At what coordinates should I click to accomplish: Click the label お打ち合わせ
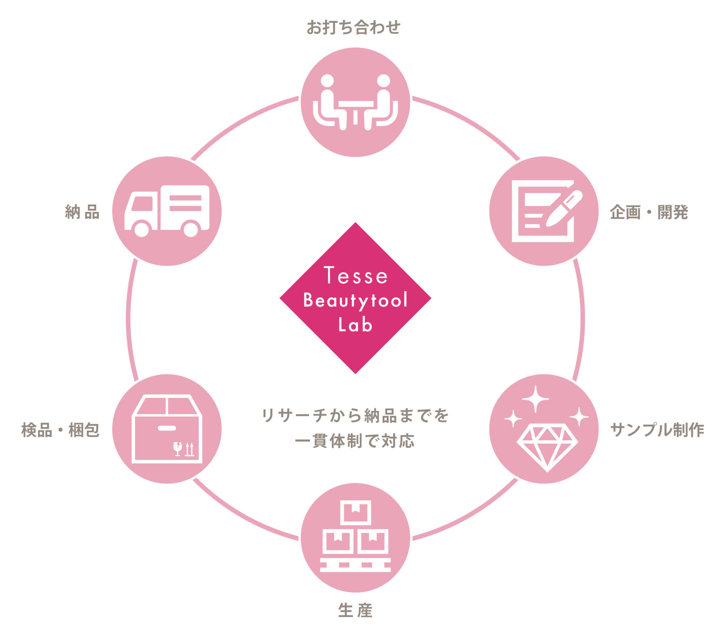tap(353, 27)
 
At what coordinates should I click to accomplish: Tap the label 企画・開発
tap(649, 212)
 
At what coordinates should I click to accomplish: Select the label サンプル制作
tap(657, 430)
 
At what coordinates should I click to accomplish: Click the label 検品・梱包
tap(60, 430)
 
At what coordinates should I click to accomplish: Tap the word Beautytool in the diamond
tap(355, 300)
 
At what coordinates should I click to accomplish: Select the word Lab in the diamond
tap(355, 325)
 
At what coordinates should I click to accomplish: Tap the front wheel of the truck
tap(142, 229)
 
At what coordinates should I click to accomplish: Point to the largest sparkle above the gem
tap(535, 399)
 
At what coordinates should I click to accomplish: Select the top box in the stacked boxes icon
tap(355, 512)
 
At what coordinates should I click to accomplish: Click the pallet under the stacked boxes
tap(355, 565)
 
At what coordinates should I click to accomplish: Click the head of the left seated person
tap(327, 81)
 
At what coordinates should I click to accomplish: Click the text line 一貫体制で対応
tap(355, 441)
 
